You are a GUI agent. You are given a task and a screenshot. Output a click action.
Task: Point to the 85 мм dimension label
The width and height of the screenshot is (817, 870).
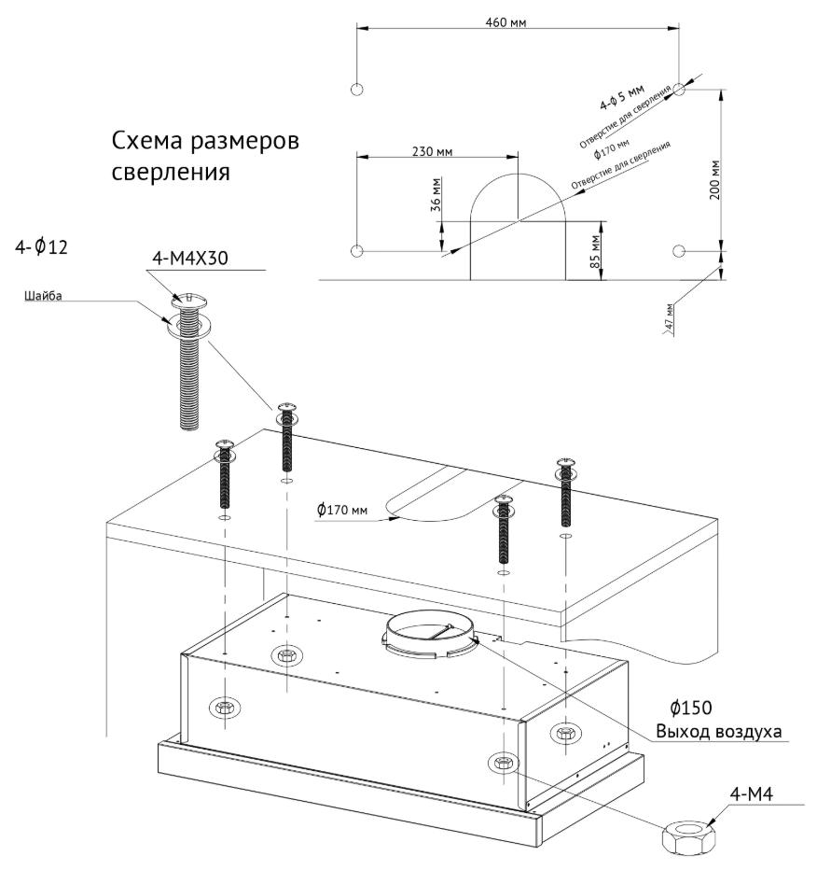594,249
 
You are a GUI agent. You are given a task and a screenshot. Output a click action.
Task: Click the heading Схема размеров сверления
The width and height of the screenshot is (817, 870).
204,157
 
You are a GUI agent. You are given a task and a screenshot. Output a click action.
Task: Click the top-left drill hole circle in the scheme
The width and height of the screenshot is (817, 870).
355,90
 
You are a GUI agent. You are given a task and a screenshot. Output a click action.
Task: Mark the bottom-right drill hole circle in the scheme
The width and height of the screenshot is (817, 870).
680,250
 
